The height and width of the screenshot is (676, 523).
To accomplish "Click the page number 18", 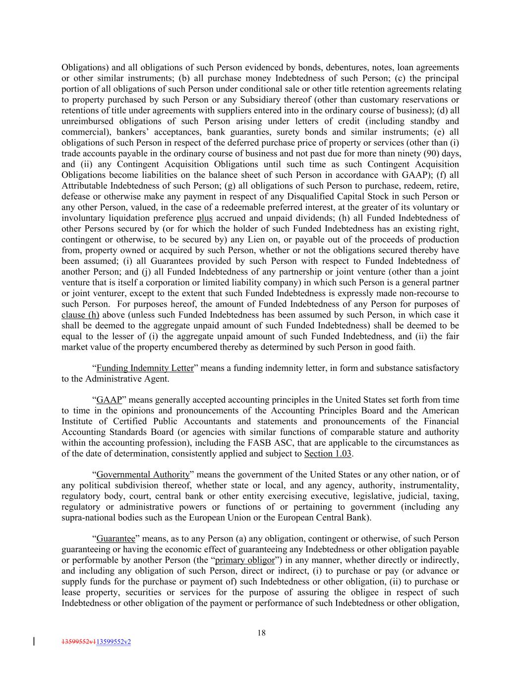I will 262,632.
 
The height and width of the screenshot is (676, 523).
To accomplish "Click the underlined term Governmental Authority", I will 143,474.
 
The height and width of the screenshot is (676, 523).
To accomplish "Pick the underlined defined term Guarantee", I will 116,538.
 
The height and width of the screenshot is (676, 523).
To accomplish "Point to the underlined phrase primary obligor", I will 245,560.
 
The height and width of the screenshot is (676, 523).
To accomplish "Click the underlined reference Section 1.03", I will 328,453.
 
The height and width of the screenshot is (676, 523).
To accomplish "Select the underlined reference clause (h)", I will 80,314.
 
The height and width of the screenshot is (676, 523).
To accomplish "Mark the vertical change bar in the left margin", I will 34,641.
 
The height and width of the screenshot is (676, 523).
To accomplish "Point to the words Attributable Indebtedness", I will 109,186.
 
